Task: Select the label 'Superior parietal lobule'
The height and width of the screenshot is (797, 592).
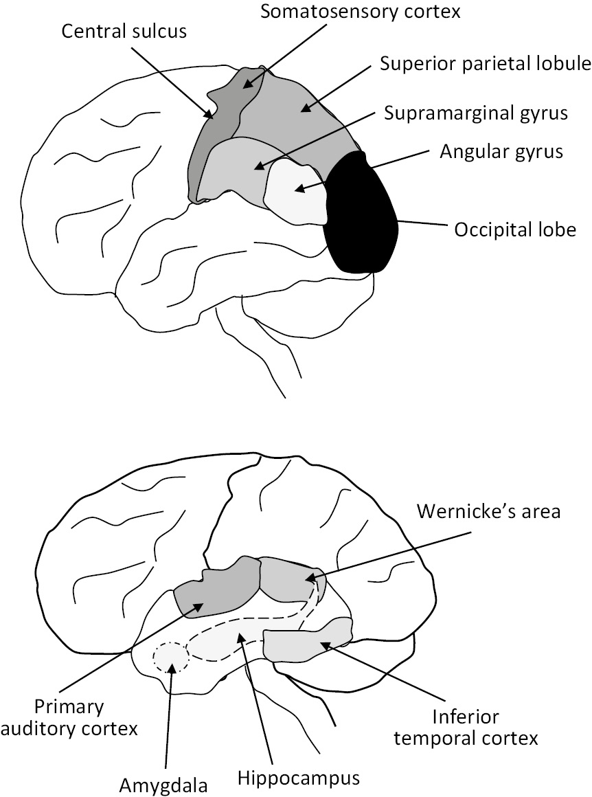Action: point(486,65)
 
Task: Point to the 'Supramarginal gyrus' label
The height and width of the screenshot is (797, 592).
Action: point(477,112)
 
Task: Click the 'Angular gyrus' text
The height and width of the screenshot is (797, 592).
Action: point(501,152)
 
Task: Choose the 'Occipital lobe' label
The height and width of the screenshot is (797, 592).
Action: point(514,229)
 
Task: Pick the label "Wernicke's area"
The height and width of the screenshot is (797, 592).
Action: point(488,512)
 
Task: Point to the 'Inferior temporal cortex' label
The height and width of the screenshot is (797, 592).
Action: point(485,728)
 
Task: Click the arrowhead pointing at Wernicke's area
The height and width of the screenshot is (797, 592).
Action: point(308,579)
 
